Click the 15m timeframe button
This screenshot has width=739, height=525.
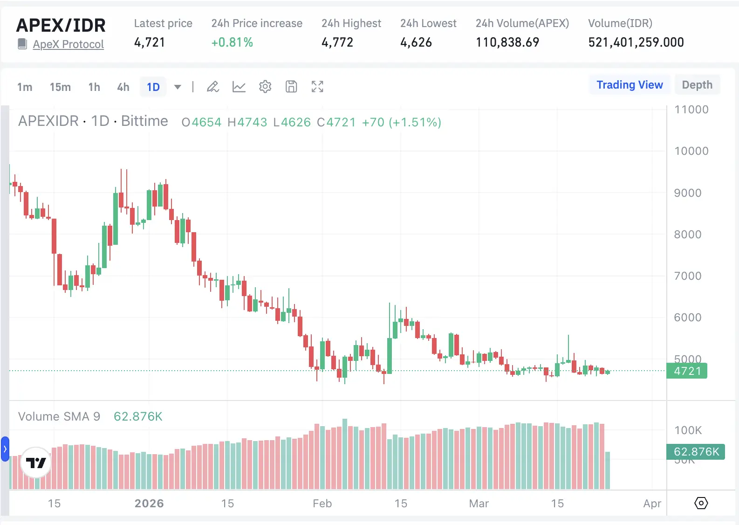click(x=60, y=87)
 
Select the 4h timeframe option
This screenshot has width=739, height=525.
click(x=123, y=87)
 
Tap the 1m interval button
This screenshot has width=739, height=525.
click(x=25, y=87)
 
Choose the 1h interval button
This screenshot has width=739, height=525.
click(x=94, y=87)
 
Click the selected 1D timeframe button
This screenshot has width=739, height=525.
click(x=153, y=87)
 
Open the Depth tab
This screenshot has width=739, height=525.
click(x=697, y=85)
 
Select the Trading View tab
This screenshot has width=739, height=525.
click(x=630, y=85)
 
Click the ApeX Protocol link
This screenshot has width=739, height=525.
click(x=68, y=44)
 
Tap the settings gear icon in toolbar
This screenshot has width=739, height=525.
click(x=265, y=87)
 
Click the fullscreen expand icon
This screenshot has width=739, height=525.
click(x=317, y=87)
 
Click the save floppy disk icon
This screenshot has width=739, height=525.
click(x=291, y=87)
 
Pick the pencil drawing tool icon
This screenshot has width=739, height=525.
click(x=213, y=87)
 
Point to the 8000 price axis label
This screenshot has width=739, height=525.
click(x=687, y=235)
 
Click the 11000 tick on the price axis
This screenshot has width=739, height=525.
click(x=691, y=110)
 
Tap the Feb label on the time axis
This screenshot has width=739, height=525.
click(x=322, y=504)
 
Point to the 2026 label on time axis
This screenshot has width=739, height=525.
click(x=149, y=504)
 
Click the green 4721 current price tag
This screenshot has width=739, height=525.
click(x=687, y=371)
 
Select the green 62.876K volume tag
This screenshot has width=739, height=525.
click(x=696, y=452)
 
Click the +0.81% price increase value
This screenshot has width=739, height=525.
click(x=232, y=42)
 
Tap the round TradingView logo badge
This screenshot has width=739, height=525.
click(x=36, y=463)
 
